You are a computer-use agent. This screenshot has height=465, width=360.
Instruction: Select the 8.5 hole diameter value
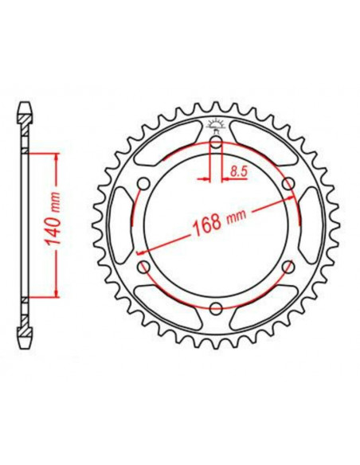tap(237, 169)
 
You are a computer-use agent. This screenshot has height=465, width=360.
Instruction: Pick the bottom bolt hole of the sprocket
tap(215, 308)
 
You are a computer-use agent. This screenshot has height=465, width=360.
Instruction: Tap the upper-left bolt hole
tap(143, 184)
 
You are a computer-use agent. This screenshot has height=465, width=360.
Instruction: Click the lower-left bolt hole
tap(143, 268)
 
